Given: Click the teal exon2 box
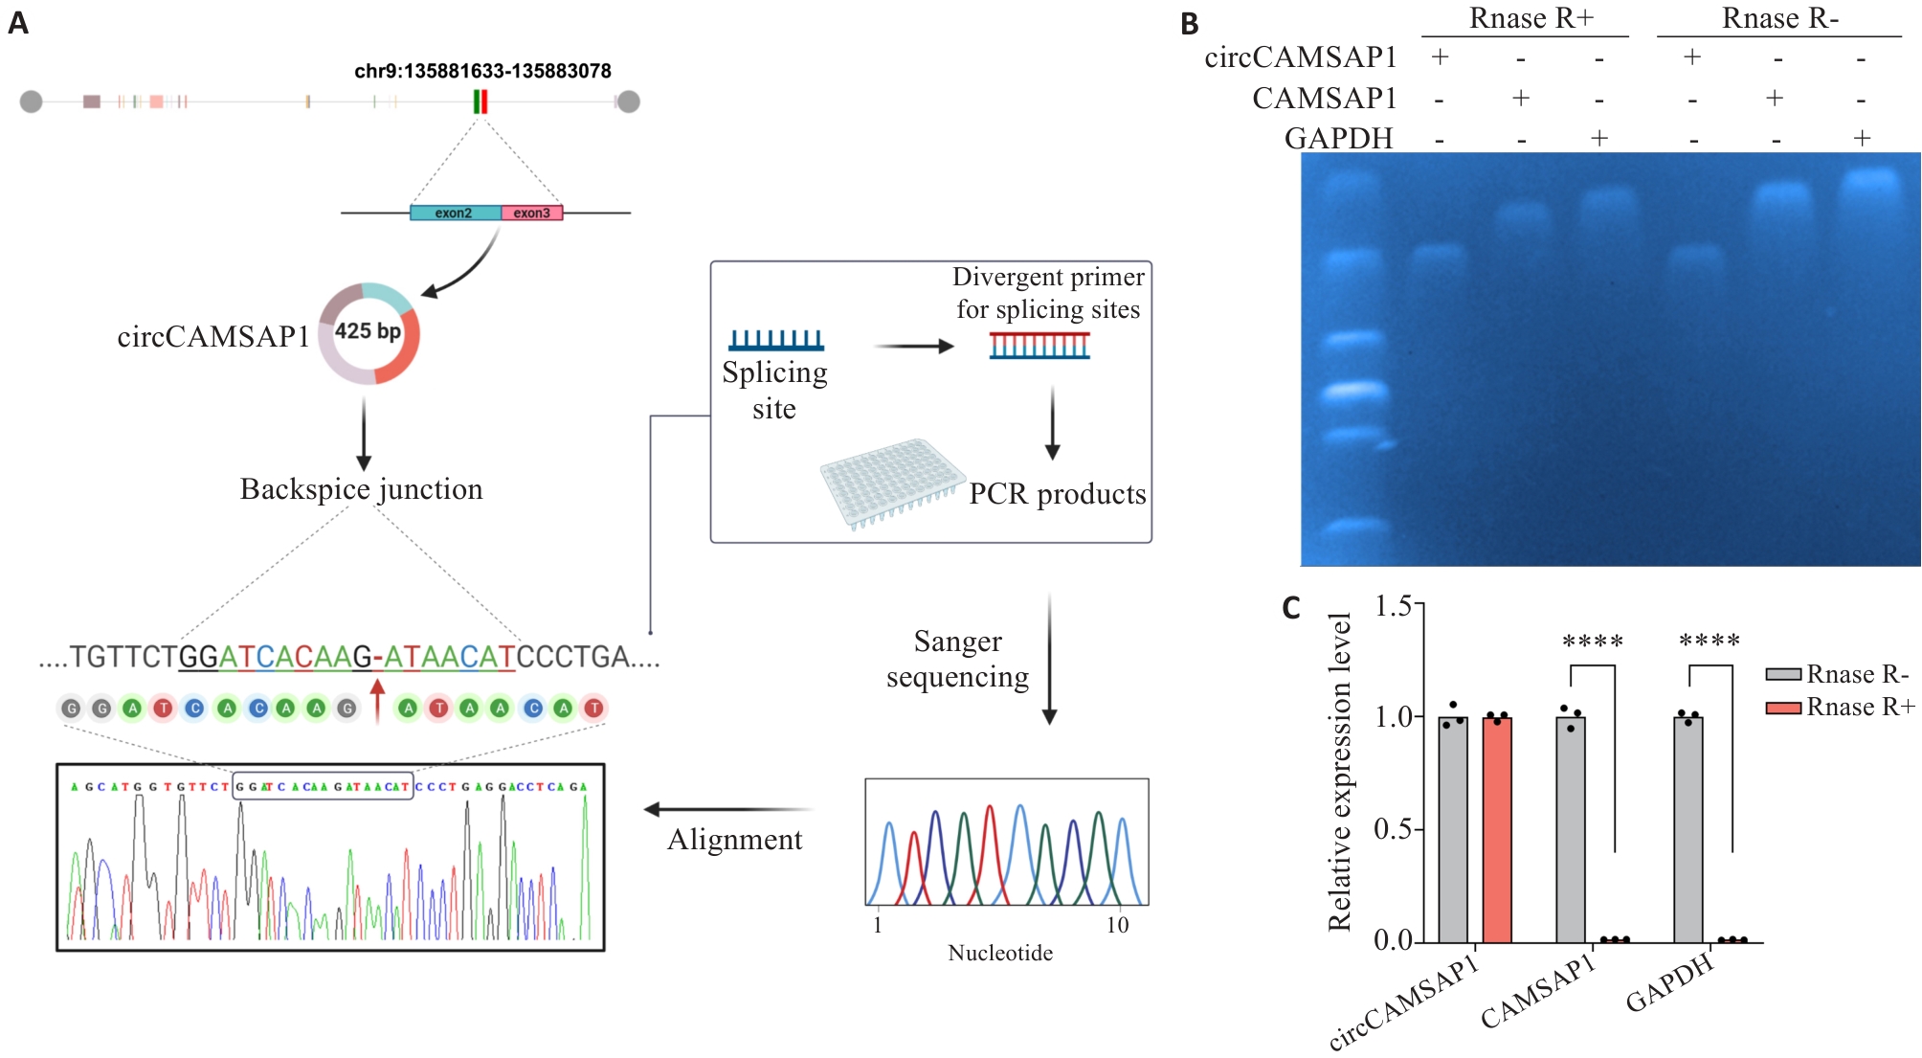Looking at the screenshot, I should [455, 213].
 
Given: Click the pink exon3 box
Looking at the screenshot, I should [532, 213].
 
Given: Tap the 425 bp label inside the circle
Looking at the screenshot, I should [368, 331].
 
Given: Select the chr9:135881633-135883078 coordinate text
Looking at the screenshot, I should [482, 71].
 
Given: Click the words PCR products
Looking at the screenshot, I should [1057, 494].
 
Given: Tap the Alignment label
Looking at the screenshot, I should [734, 840].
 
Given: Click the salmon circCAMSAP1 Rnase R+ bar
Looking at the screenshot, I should [1497, 829].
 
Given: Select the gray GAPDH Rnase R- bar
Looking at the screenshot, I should [1687, 829].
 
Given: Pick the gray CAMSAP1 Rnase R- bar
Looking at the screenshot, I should [1570, 829].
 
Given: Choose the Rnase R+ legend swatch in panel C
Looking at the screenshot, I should [1783, 708].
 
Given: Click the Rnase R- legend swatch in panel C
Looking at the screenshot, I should [1783, 675].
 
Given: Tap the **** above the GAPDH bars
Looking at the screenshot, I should [1710, 641].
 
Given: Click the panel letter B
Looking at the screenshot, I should [1189, 24].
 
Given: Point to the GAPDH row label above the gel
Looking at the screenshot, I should [1338, 138].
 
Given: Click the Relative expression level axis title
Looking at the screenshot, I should [1340, 772].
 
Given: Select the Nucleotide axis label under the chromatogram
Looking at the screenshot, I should [1000, 953].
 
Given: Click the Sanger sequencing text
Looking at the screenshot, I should [957, 659].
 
